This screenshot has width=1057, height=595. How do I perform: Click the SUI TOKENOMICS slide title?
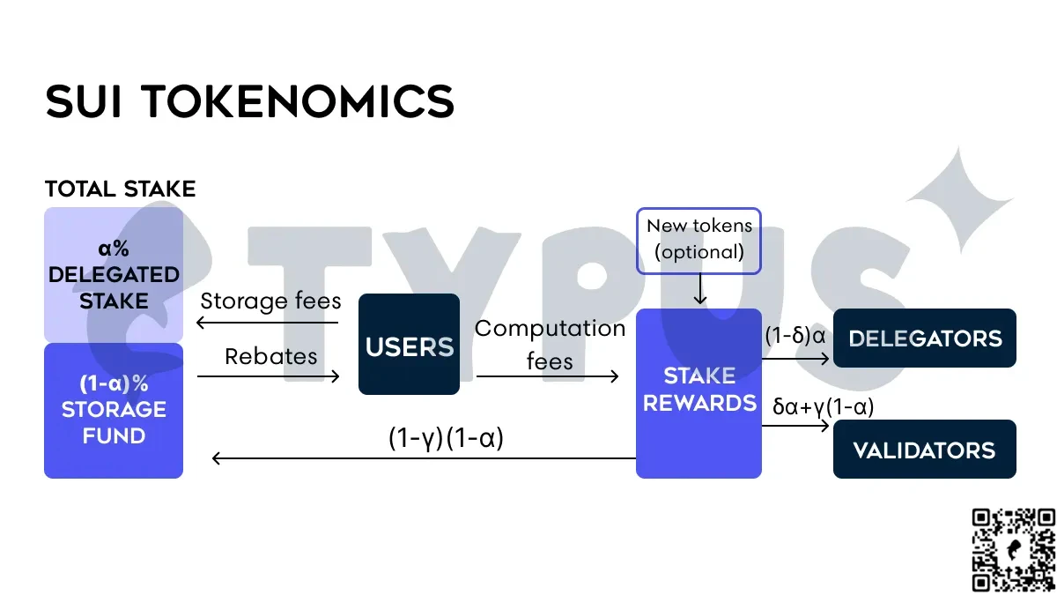pyautogui.click(x=250, y=102)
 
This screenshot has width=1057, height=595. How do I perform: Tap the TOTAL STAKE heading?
pyautogui.click(x=120, y=189)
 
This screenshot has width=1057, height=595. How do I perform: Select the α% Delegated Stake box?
pyautogui.click(x=114, y=274)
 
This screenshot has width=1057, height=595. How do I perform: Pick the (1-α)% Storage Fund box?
pyautogui.click(x=114, y=410)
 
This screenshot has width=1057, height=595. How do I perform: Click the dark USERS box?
pyautogui.click(x=409, y=344)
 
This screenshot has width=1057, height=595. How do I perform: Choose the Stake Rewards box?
pyautogui.click(x=699, y=392)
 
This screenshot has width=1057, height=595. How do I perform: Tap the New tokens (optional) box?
pyautogui.click(x=699, y=240)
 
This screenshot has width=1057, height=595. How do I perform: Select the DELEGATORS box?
pyautogui.click(x=925, y=338)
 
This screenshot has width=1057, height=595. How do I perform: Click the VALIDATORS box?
pyautogui.click(x=925, y=450)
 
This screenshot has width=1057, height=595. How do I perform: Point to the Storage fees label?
pyautogui.click(x=270, y=301)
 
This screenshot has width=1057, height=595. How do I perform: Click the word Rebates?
pyautogui.click(x=270, y=355)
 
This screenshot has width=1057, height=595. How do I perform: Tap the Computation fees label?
pyautogui.click(x=550, y=344)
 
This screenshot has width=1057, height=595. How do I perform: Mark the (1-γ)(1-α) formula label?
pyautogui.click(x=446, y=438)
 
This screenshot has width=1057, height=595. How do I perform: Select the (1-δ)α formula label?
pyautogui.click(x=795, y=336)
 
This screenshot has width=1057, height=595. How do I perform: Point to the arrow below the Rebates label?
pyautogui.click(x=269, y=376)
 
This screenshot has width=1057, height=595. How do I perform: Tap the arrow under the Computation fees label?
pyautogui.click(x=548, y=376)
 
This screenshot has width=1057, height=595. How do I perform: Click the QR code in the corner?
pyautogui.click(x=1013, y=549)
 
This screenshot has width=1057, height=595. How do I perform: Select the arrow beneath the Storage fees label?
pyautogui.click(x=269, y=323)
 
